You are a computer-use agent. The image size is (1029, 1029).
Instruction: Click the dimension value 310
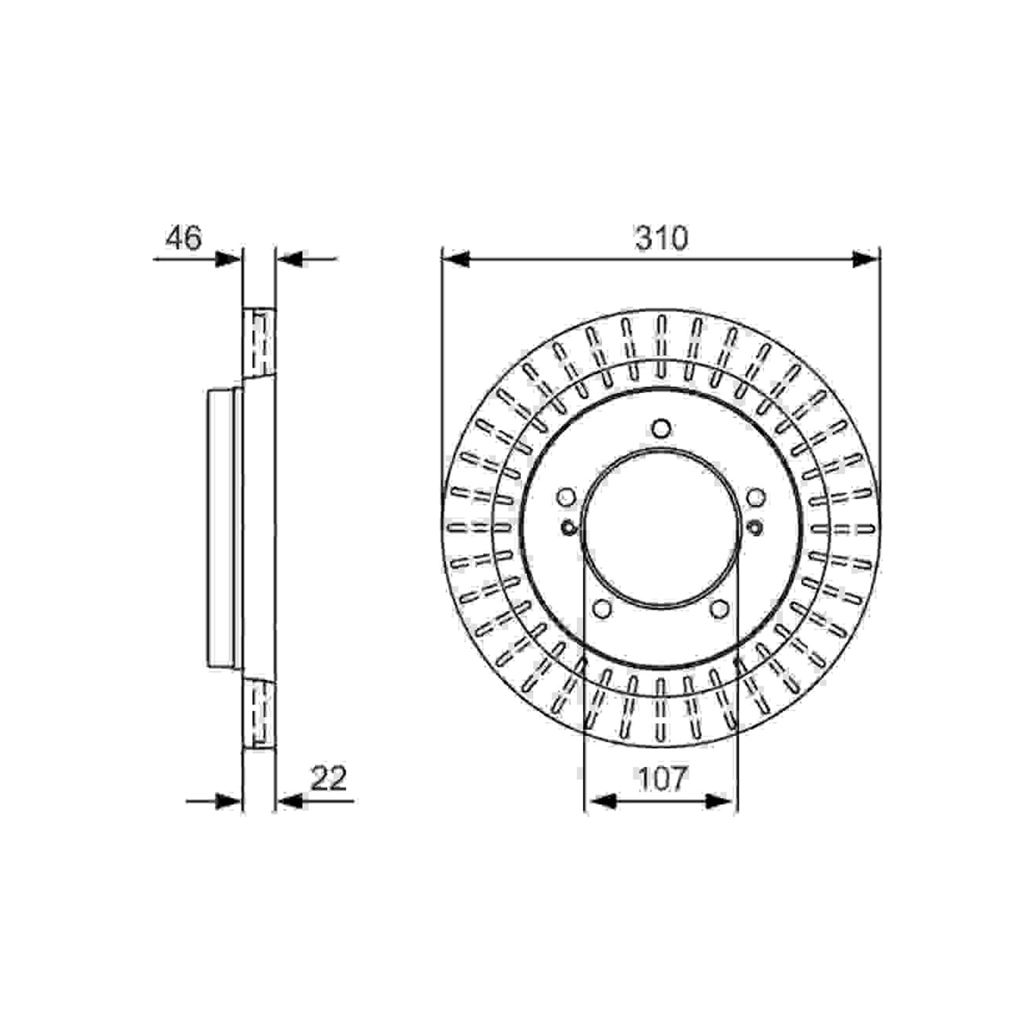click(661, 238)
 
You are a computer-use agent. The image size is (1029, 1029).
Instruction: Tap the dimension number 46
click(184, 238)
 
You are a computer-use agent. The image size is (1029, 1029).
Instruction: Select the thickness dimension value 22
click(329, 779)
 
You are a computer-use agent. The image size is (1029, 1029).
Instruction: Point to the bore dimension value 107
click(661, 779)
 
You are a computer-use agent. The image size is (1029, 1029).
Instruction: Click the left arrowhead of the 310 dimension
click(456, 259)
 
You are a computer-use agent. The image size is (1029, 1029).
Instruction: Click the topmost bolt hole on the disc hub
click(661, 429)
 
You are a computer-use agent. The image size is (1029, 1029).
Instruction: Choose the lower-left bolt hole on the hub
click(602, 608)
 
